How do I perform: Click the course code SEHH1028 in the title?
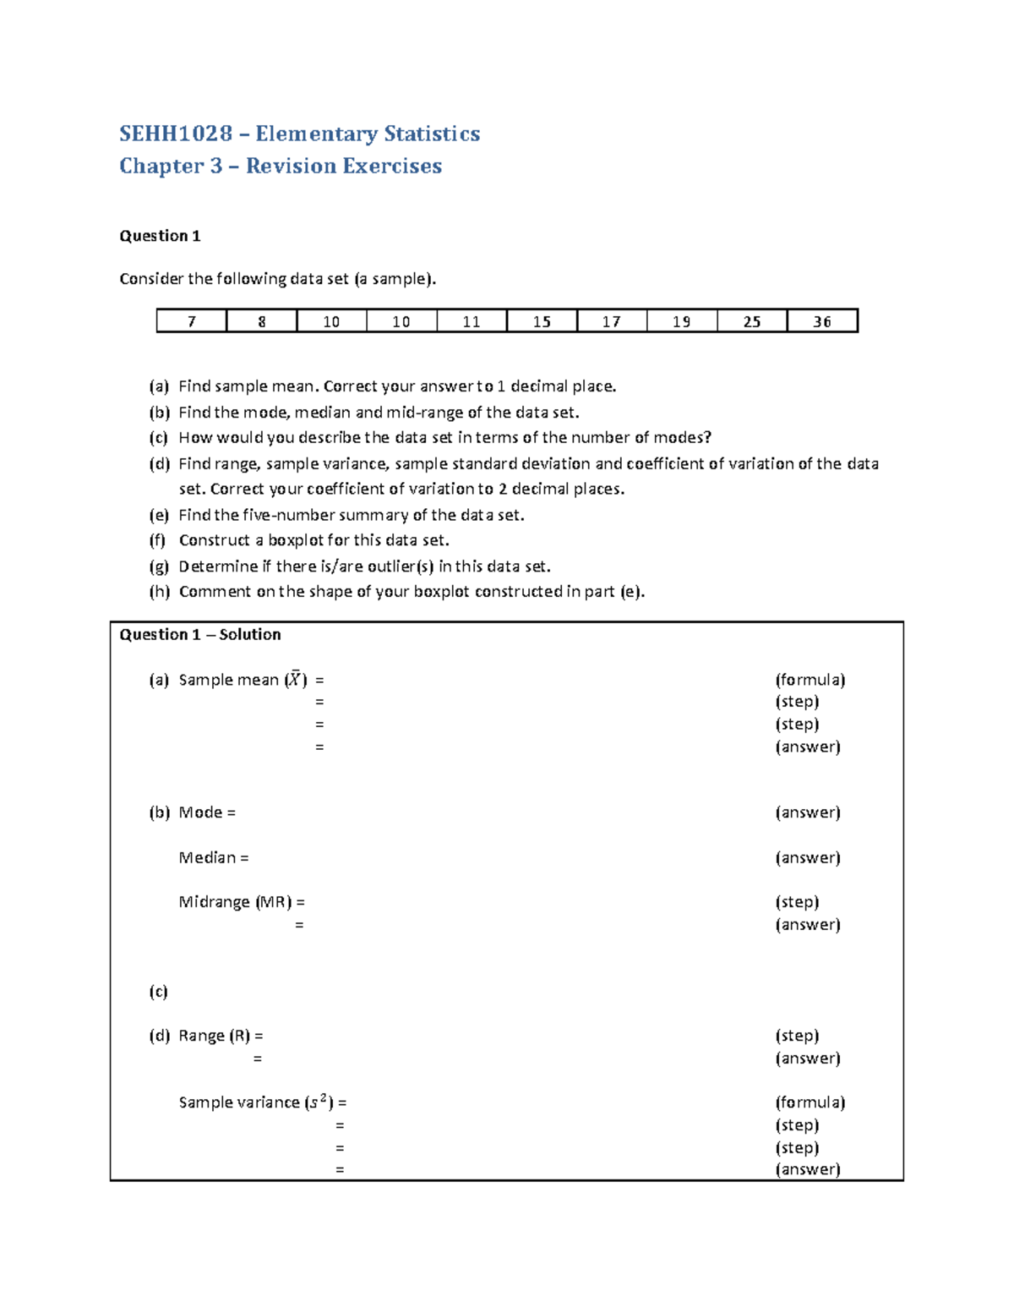(x=176, y=134)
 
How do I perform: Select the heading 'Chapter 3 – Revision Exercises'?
(x=281, y=166)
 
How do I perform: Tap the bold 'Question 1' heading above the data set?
(x=160, y=236)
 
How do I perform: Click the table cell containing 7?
(x=192, y=321)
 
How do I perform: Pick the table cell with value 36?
(x=822, y=321)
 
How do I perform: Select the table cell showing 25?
(x=751, y=321)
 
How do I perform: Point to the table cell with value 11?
(x=472, y=321)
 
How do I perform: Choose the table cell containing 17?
(x=612, y=321)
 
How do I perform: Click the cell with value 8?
(x=262, y=321)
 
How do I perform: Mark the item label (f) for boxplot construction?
(x=158, y=540)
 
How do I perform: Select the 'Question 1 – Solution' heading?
(x=200, y=634)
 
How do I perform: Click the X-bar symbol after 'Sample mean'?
(x=295, y=679)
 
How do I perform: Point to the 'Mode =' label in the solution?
(x=207, y=812)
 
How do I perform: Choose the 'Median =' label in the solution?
(x=214, y=857)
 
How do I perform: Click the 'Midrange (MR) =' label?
(x=242, y=902)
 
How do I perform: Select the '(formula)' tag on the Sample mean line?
(x=810, y=680)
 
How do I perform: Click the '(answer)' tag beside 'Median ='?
(x=808, y=857)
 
